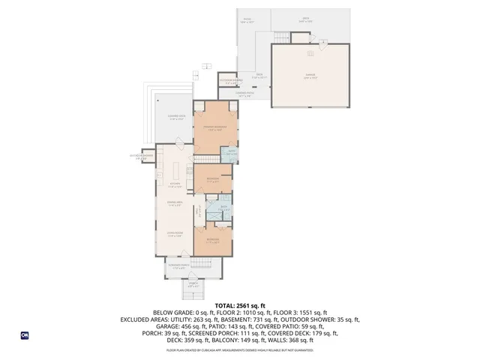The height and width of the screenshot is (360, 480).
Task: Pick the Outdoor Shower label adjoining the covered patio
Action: [230, 81]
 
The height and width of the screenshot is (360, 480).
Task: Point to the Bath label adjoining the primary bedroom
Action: [233, 153]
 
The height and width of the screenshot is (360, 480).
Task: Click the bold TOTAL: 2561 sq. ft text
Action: [240, 305]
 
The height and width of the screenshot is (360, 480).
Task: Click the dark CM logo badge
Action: [25, 336]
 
